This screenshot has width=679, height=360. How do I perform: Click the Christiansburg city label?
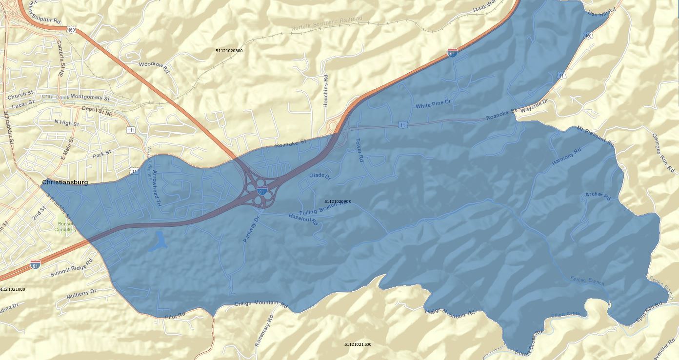click(x=65, y=182)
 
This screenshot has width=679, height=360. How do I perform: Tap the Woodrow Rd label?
click(x=153, y=64)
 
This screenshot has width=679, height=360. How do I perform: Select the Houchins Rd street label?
click(x=326, y=91)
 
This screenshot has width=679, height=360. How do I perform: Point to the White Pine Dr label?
click(x=433, y=104)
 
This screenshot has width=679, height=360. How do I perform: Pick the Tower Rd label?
click(x=359, y=150)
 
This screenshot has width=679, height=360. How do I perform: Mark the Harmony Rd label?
click(x=566, y=157)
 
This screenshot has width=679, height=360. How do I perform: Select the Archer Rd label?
click(x=598, y=196)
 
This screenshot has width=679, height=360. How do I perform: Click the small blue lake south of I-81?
click(x=158, y=241)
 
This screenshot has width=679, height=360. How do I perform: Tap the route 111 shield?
click(x=131, y=130)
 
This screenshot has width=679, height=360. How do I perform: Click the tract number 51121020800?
click(x=229, y=51)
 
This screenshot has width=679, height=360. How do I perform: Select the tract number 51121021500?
click(x=358, y=344)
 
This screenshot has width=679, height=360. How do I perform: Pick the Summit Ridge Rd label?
click(x=71, y=269)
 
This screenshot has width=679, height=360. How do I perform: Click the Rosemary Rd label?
click(x=264, y=330)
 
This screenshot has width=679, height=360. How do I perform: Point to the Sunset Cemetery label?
click(x=65, y=226)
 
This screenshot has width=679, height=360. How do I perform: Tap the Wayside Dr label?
click(x=534, y=106)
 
